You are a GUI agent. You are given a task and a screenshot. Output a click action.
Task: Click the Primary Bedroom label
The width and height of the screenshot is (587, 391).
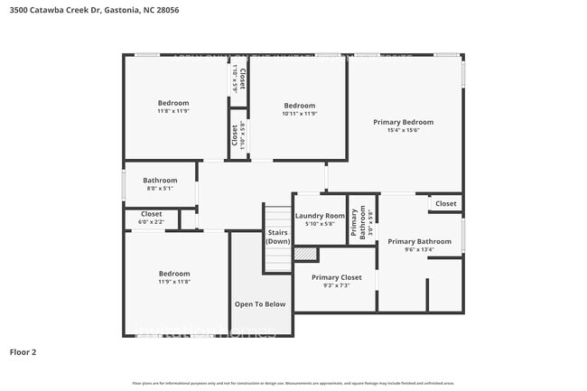405,122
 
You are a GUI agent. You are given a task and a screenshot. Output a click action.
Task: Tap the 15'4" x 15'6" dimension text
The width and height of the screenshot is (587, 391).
405,130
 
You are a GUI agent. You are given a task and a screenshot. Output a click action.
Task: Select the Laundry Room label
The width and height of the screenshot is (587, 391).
320,216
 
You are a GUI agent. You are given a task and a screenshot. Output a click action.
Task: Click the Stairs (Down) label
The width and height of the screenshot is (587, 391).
278,237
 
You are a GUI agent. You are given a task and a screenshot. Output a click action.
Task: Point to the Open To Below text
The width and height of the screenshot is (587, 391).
260,304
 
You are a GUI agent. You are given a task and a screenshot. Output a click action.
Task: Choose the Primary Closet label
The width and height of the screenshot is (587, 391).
336,277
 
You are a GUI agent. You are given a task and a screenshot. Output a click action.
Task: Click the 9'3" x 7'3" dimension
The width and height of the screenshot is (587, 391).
336,285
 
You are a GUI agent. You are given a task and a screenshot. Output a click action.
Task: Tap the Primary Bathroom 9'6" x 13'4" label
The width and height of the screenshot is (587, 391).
419,245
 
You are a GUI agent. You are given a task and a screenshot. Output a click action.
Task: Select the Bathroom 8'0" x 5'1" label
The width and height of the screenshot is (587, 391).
159,184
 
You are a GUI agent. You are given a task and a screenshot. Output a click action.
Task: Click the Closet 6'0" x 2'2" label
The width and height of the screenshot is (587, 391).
151,218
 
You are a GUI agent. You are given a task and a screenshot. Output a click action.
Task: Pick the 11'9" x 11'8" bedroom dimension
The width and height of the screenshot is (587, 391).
174,282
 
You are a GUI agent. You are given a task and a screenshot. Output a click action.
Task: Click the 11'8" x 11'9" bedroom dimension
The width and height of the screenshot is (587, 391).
173,111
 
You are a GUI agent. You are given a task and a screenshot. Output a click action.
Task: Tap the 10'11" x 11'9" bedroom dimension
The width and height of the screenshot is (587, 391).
299,114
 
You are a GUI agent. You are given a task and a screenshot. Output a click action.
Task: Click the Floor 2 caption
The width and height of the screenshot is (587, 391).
23,351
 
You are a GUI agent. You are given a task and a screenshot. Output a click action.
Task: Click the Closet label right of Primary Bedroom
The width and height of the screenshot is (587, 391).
446,204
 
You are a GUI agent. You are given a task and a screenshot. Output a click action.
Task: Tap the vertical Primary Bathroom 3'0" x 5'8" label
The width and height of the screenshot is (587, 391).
362,222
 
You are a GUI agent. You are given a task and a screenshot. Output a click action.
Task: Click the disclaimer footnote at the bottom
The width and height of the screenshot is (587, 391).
293,384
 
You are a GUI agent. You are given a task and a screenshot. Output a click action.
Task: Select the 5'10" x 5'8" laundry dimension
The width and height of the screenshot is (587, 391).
320,224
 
